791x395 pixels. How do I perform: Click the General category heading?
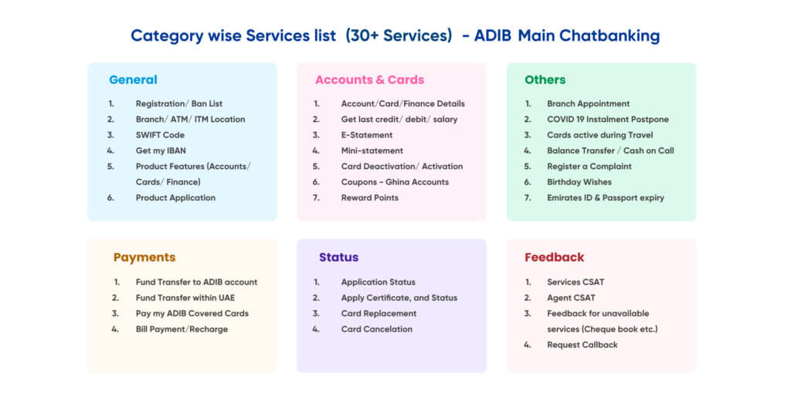(133, 79)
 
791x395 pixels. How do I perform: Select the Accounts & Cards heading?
(370, 79)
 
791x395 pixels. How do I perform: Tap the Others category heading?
(545, 79)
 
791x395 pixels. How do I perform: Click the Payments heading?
(144, 258)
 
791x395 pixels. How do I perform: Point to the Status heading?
(338, 258)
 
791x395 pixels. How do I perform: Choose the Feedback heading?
(555, 258)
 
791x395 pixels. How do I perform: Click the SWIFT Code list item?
(160, 135)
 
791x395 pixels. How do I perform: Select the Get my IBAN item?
(161, 150)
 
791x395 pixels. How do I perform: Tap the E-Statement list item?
(367, 135)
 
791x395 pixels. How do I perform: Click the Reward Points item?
(370, 197)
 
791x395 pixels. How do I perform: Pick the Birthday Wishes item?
(579, 182)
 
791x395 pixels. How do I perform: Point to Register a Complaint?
(589, 167)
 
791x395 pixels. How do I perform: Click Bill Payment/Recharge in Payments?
(182, 329)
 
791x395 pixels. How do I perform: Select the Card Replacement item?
(379, 313)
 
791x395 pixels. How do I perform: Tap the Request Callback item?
(582, 345)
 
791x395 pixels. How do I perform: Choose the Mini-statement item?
(372, 150)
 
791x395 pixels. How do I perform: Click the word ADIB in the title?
(493, 36)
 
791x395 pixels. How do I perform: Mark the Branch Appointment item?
(588, 104)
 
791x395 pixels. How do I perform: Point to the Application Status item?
(379, 282)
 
